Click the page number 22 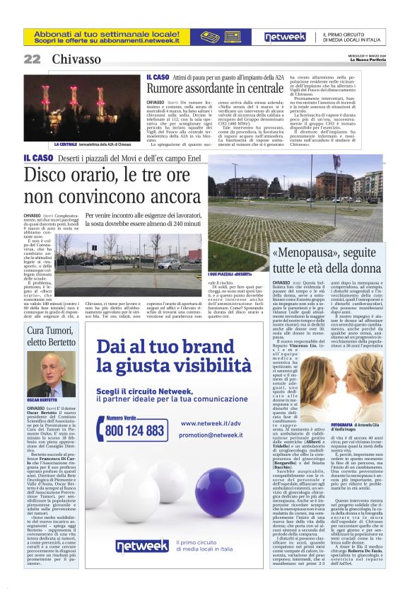click(x=33, y=59)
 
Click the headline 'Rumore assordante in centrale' click(x=215, y=89)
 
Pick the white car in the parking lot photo click(x=169, y=265)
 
